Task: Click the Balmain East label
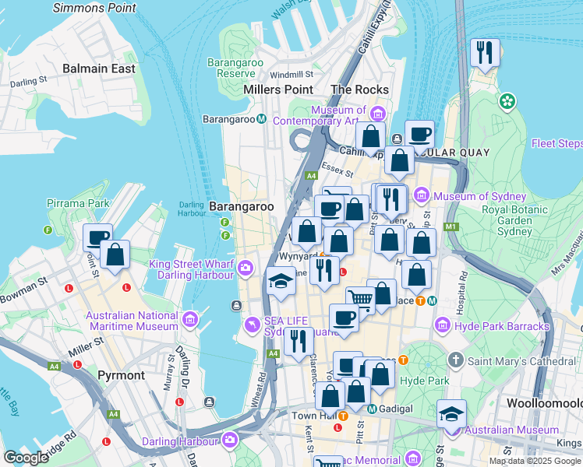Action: coord(99,68)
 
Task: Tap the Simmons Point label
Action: coord(94,8)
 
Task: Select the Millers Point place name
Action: coord(278,90)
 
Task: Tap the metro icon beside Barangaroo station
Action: coord(263,119)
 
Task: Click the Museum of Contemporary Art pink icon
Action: coord(379,111)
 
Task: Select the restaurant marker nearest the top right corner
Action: coord(486,53)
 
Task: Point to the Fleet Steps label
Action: coord(556,143)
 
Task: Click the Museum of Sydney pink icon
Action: coord(422,195)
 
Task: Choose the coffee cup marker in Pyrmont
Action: coord(98,237)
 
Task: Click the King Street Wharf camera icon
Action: coord(246,269)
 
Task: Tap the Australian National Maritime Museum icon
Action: coord(189,320)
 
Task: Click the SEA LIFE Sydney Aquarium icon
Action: coord(251,324)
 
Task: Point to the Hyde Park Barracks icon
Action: coord(443,324)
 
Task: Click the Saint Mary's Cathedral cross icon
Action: coord(458,360)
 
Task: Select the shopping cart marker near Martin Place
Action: coord(360,299)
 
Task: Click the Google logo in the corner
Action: coord(26,458)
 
